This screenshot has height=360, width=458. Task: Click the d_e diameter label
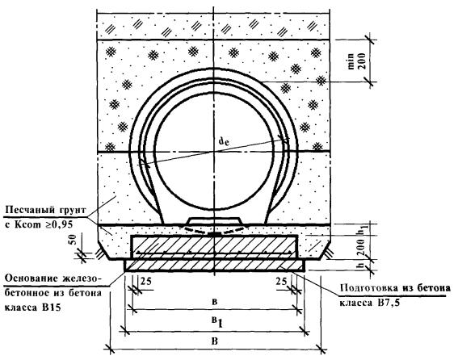(x=224, y=141)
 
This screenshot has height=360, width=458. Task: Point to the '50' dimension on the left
(x=73, y=240)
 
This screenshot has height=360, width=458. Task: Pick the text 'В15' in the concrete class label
(x=52, y=308)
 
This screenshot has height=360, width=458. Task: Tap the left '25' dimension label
(x=146, y=282)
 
